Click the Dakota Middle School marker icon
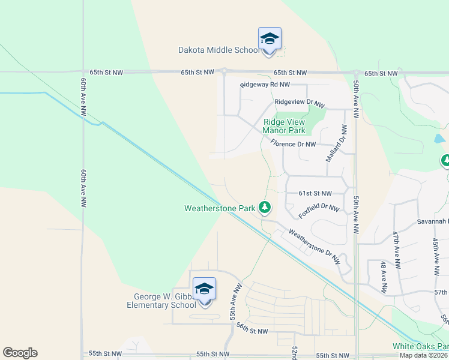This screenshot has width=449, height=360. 270,40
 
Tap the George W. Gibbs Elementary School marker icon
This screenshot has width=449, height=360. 204,290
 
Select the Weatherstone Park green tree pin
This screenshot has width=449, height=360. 264,208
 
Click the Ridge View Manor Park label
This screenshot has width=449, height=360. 285,126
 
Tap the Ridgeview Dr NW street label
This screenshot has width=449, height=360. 299,102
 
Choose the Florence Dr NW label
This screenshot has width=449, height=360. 293,144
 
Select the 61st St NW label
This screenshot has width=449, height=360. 315,193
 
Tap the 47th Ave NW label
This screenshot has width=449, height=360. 396,250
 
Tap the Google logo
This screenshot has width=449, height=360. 20,353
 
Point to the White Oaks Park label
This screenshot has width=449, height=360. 420,346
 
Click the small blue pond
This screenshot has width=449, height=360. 439,139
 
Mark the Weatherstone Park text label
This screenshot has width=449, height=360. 220,208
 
